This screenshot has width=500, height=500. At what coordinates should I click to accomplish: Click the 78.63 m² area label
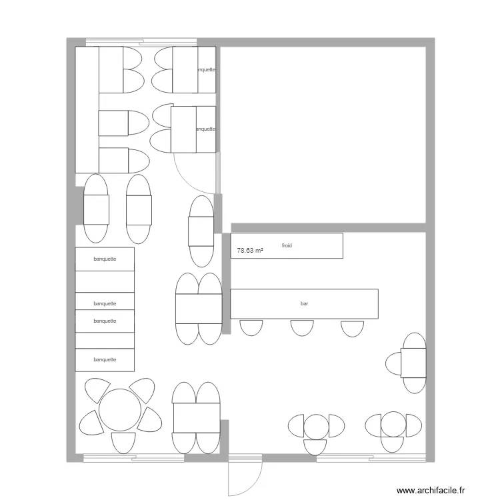click(x=250, y=251)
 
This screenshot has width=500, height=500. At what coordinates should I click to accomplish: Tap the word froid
click(x=287, y=246)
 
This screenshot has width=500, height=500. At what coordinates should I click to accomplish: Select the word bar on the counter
click(x=305, y=304)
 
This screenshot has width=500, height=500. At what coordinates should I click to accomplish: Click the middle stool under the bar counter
click(x=301, y=327)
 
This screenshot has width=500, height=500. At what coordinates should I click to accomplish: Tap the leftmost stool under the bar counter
click(x=251, y=327)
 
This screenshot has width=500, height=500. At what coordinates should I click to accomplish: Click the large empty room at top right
click(x=323, y=133)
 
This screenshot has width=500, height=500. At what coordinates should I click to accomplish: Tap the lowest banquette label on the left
click(x=105, y=360)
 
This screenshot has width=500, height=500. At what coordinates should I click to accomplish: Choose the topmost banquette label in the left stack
click(x=105, y=259)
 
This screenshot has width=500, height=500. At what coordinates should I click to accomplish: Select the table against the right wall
click(x=413, y=363)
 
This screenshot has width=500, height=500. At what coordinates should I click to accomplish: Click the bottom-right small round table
click(x=393, y=425)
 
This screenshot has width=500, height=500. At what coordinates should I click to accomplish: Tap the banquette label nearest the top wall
click(x=205, y=69)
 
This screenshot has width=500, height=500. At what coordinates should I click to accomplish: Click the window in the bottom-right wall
click(x=370, y=458)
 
